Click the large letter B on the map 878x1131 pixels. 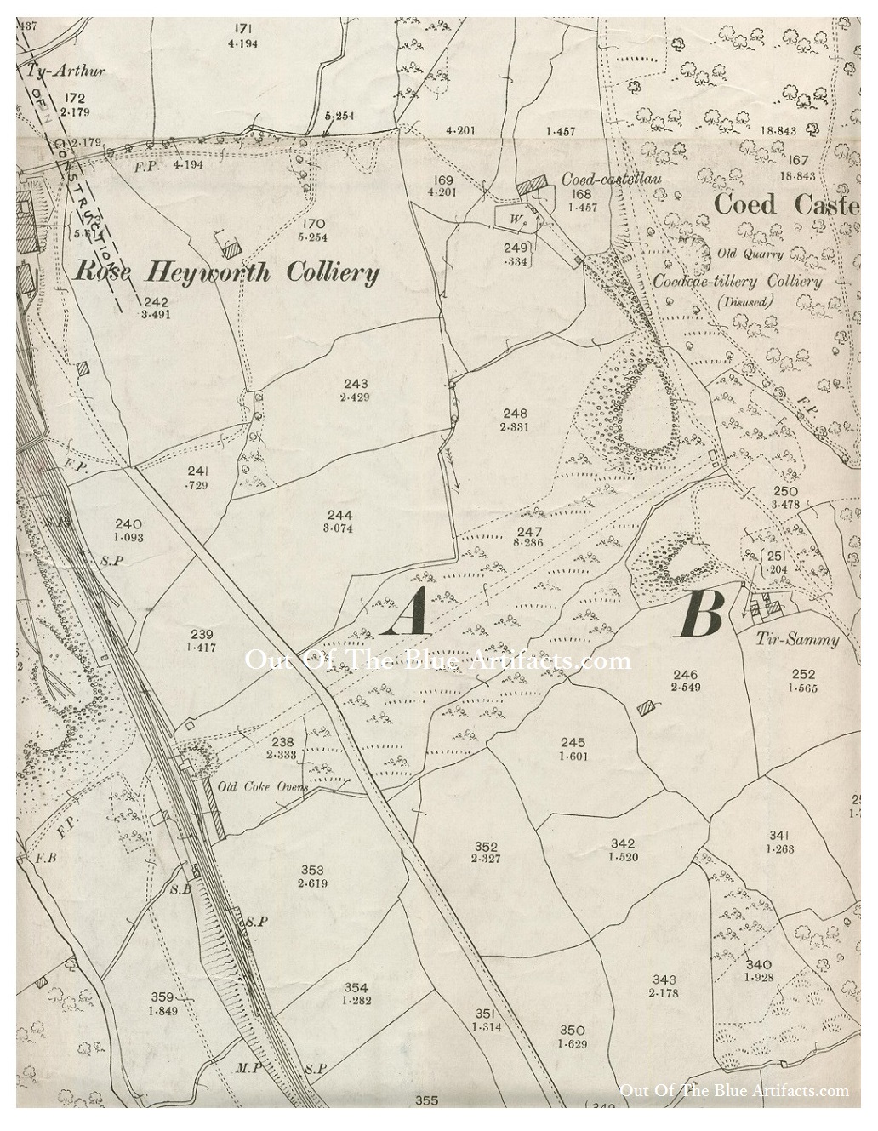tap(702, 614)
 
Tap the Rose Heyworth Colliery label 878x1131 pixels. tap(225, 272)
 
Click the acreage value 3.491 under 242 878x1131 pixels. tap(157, 313)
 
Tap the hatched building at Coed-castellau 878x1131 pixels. tap(533, 186)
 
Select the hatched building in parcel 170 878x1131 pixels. tap(229, 246)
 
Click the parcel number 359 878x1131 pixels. tap(162, 997)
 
